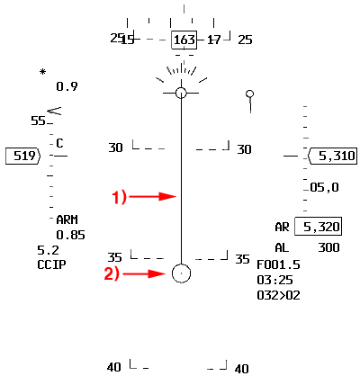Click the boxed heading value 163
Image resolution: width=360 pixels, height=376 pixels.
pos(184,40)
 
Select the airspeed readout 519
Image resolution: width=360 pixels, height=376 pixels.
pos(24,156)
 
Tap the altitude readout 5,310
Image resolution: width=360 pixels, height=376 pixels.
pos(337,156)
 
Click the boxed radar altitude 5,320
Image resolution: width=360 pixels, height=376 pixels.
pos(321,227)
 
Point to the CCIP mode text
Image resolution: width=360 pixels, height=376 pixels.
pos(51,264)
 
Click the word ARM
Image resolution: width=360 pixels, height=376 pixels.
pos(67,219)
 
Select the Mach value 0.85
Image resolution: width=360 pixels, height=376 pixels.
pos(70,235)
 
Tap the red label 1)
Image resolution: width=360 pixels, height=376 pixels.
pos(120,198)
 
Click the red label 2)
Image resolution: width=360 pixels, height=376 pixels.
pos(112,274)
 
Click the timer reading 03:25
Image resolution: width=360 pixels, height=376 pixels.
pos(274,280)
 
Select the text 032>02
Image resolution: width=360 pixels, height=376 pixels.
pos(278,295)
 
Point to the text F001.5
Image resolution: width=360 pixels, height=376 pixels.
pos(278,264)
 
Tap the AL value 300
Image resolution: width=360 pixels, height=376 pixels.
pos(328,247)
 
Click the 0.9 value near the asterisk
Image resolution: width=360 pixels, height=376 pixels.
pos(67,86)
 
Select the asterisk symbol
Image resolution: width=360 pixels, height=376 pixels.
pos(43,72)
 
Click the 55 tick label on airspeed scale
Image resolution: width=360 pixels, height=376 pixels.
pos(38,121)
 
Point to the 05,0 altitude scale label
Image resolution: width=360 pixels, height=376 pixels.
pos(324,187)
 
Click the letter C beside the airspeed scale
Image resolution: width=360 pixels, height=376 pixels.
pos(59,143)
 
